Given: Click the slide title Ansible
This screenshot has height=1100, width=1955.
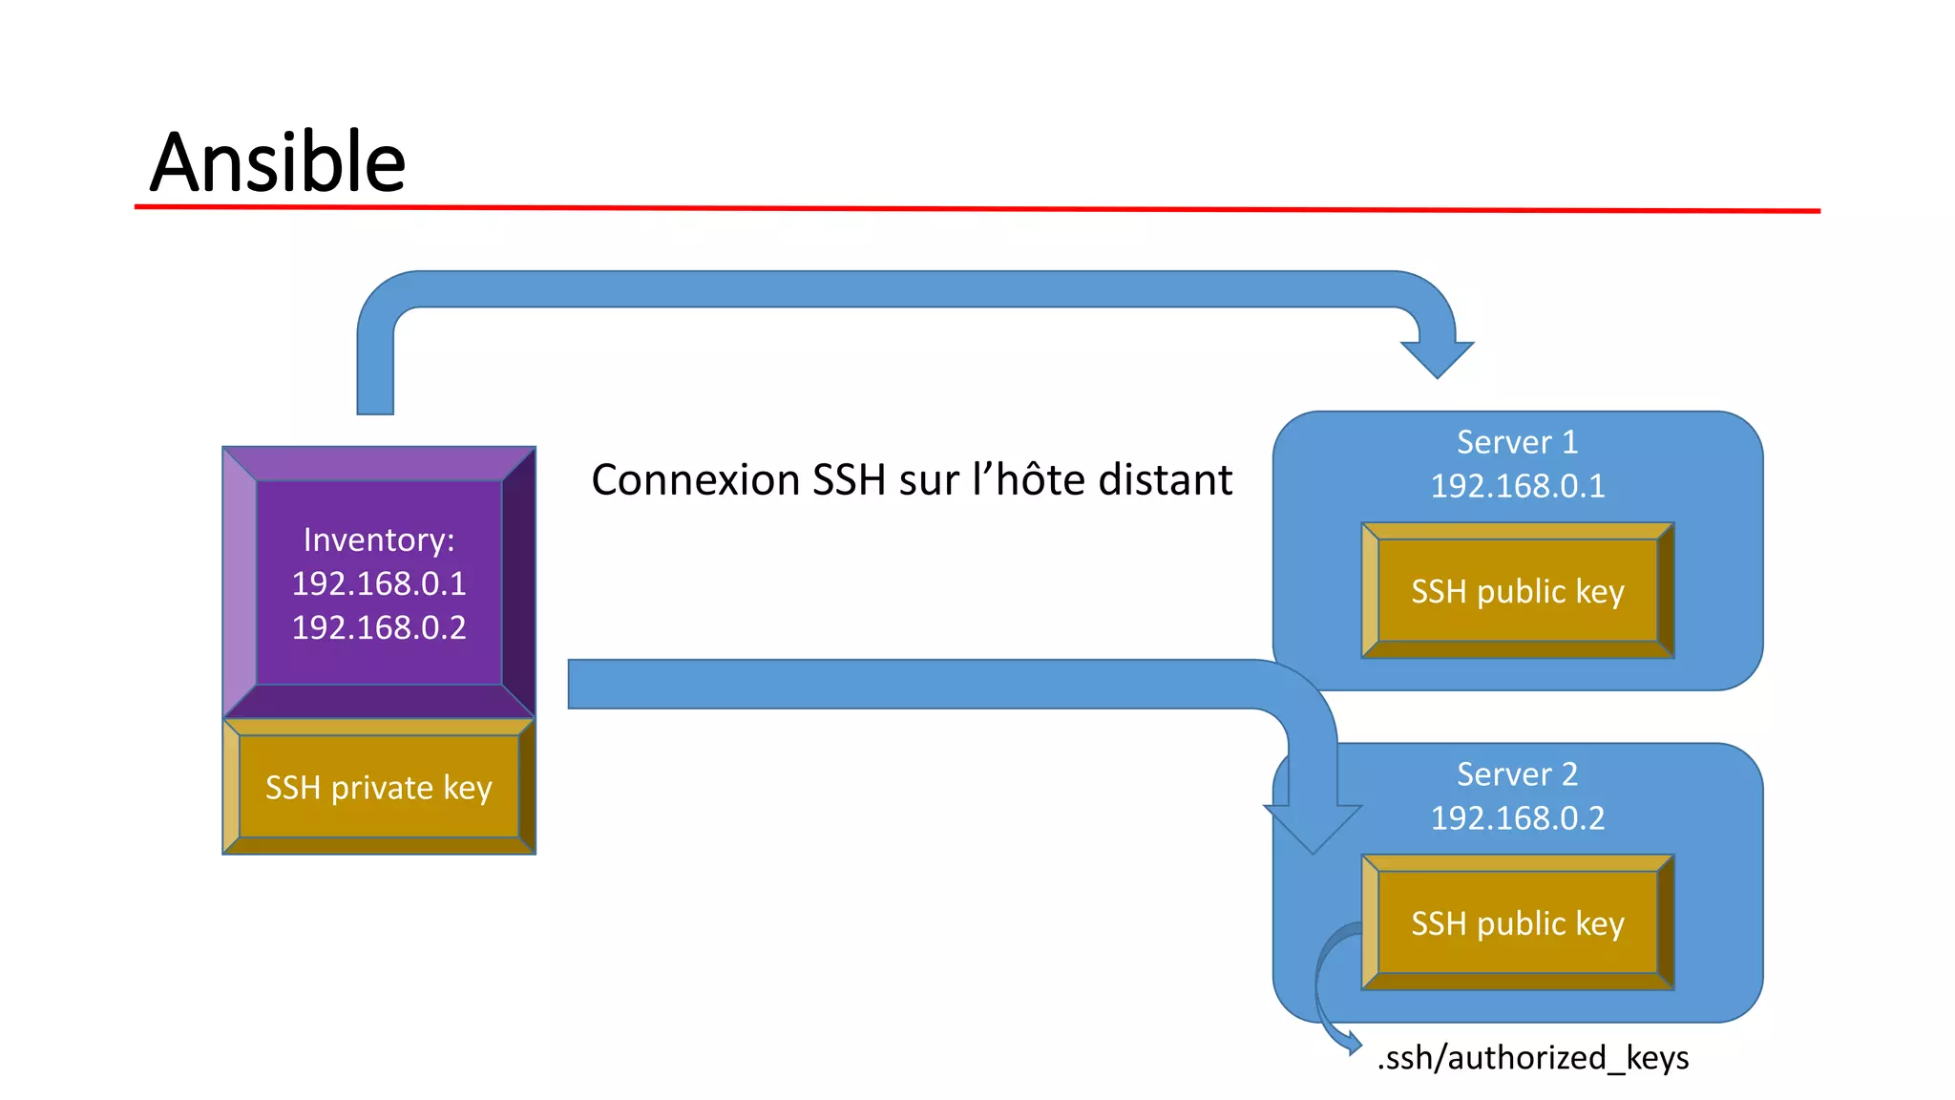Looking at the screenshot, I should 278,161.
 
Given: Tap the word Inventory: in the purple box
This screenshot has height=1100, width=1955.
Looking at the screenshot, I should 379,540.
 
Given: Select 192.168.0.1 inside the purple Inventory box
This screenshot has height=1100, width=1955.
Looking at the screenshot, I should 379,583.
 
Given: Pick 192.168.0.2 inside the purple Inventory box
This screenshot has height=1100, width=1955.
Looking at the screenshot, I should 379,627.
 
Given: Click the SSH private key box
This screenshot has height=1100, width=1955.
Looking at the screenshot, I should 379,788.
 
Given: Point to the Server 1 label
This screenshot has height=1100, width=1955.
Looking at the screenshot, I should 1517,442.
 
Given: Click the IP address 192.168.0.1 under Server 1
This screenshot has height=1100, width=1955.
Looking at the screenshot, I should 1517,486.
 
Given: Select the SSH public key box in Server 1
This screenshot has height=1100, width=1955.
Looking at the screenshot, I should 1517,591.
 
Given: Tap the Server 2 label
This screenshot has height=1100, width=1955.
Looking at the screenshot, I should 1517,774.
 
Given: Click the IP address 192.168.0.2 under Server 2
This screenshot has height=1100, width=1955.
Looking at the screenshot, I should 1517,818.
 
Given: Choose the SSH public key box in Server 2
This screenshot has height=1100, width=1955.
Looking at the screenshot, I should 1517,923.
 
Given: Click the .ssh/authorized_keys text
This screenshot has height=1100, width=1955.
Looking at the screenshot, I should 1532,1058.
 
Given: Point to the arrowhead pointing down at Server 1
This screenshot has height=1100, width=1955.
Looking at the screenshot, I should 1437,359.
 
